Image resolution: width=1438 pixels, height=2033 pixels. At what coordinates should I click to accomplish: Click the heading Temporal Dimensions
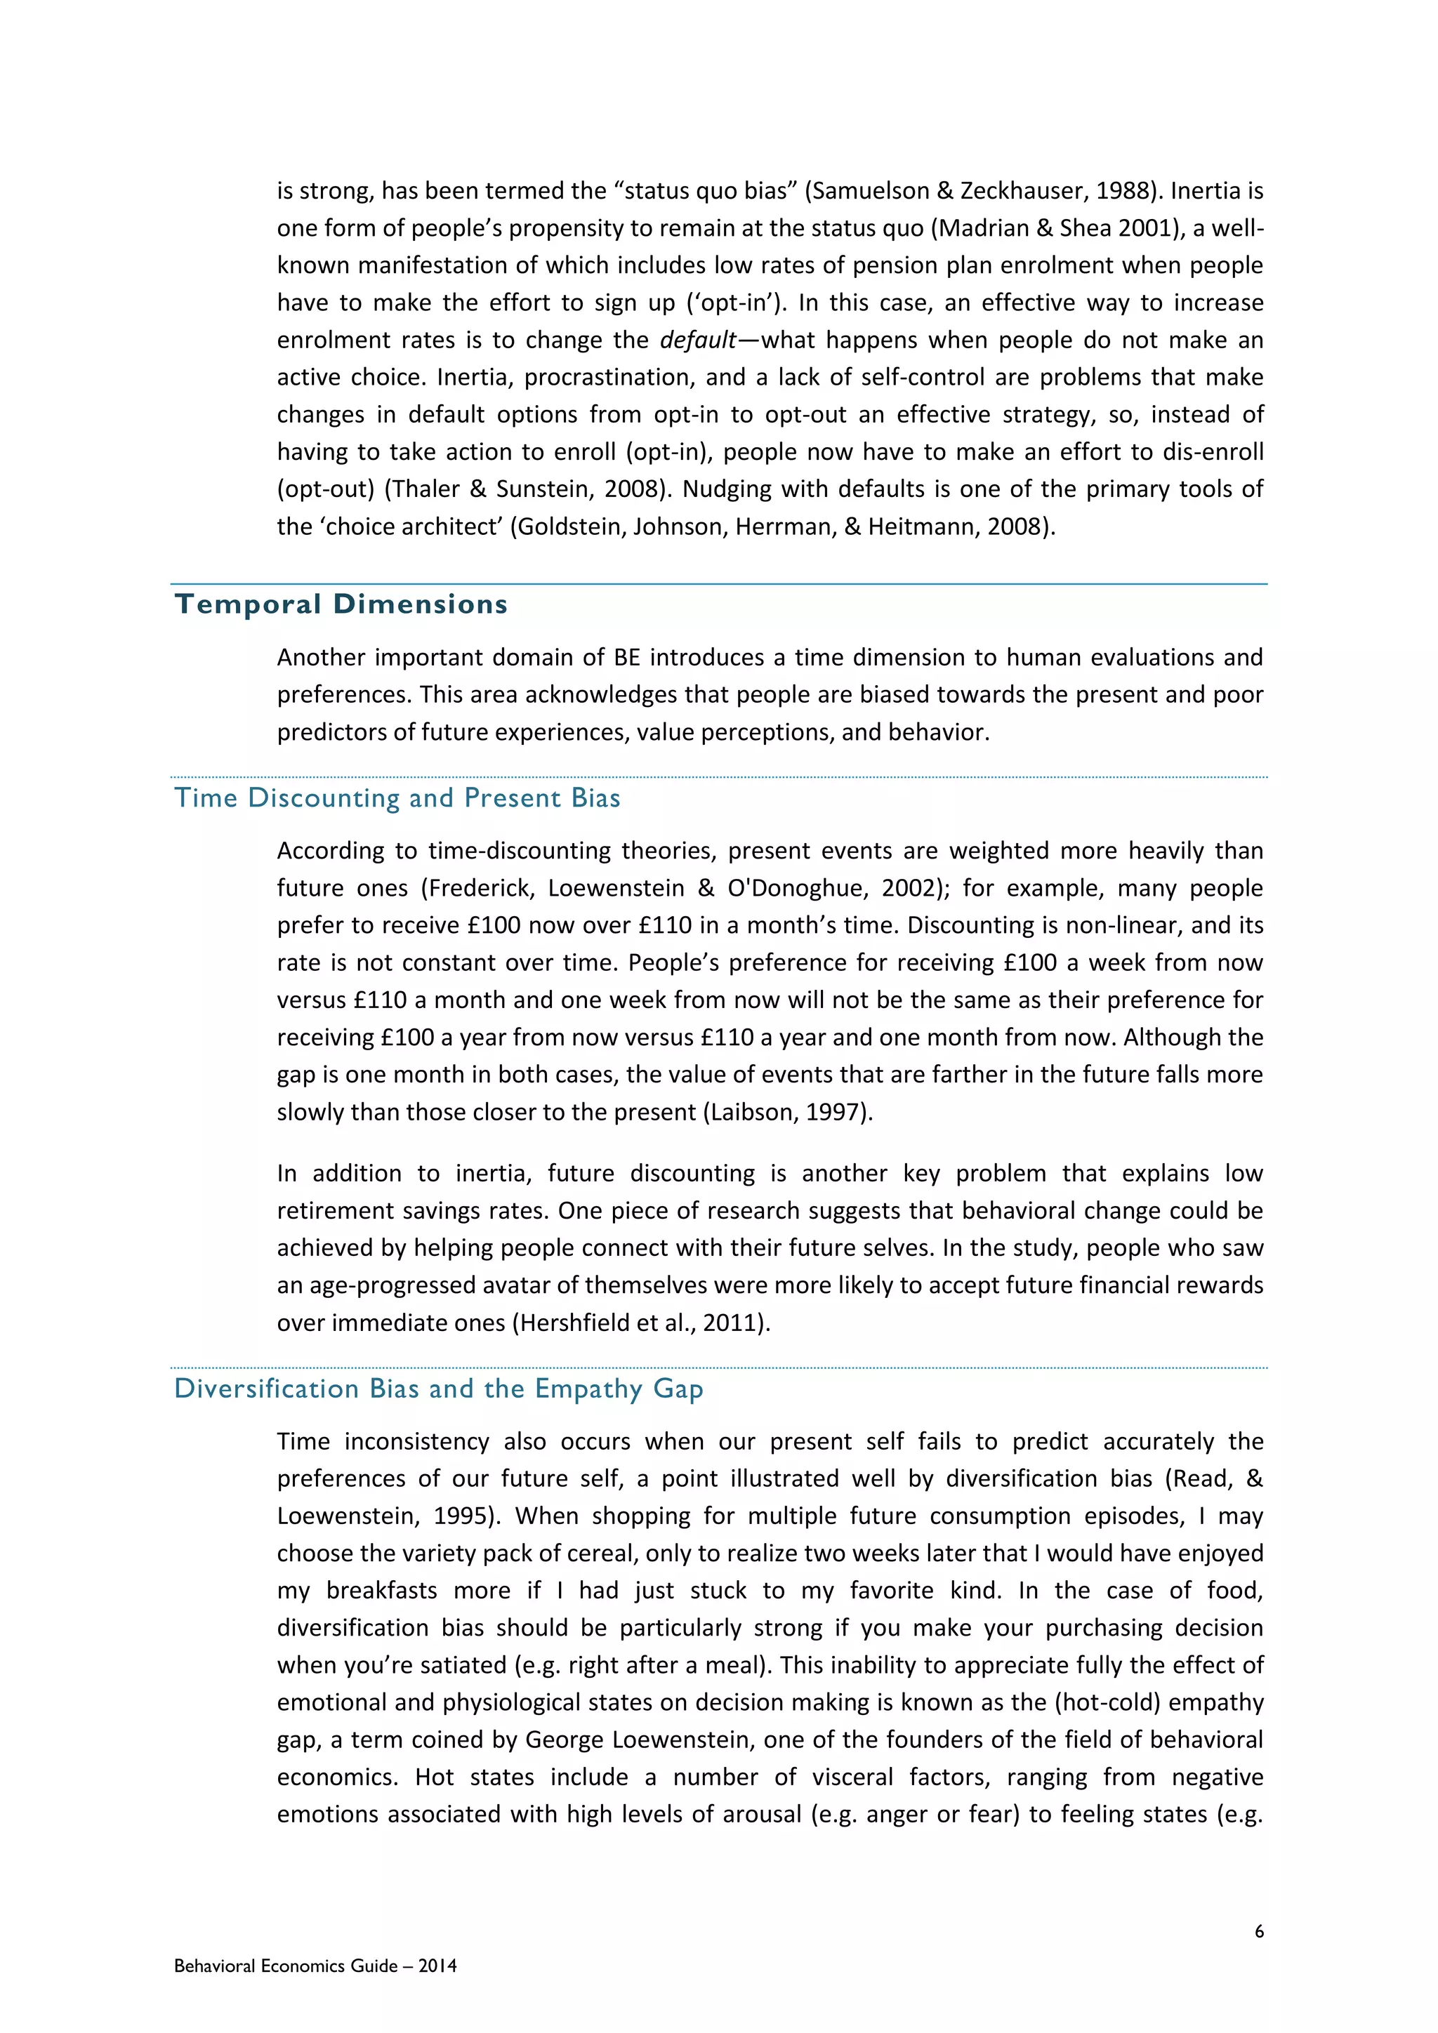point(341,604)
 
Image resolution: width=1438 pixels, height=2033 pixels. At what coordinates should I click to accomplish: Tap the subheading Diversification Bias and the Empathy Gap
point(438,1389)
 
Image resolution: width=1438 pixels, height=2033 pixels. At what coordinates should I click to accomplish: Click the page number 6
point(1259,1931)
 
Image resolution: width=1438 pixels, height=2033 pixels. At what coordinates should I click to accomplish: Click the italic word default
point(698,340)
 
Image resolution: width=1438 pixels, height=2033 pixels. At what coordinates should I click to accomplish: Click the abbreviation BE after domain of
point(621,657)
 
